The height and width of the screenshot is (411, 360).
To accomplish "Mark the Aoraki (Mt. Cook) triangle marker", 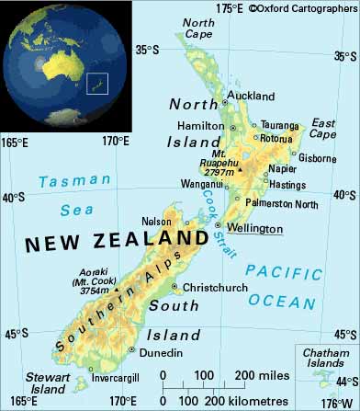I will click(x=118, y=291).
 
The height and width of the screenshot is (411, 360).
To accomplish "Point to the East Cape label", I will click(x=326, y=128).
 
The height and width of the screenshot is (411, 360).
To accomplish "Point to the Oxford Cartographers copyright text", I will click(x=302, y=9).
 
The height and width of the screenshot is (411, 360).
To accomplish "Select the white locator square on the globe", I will click(x=96, y=83).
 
